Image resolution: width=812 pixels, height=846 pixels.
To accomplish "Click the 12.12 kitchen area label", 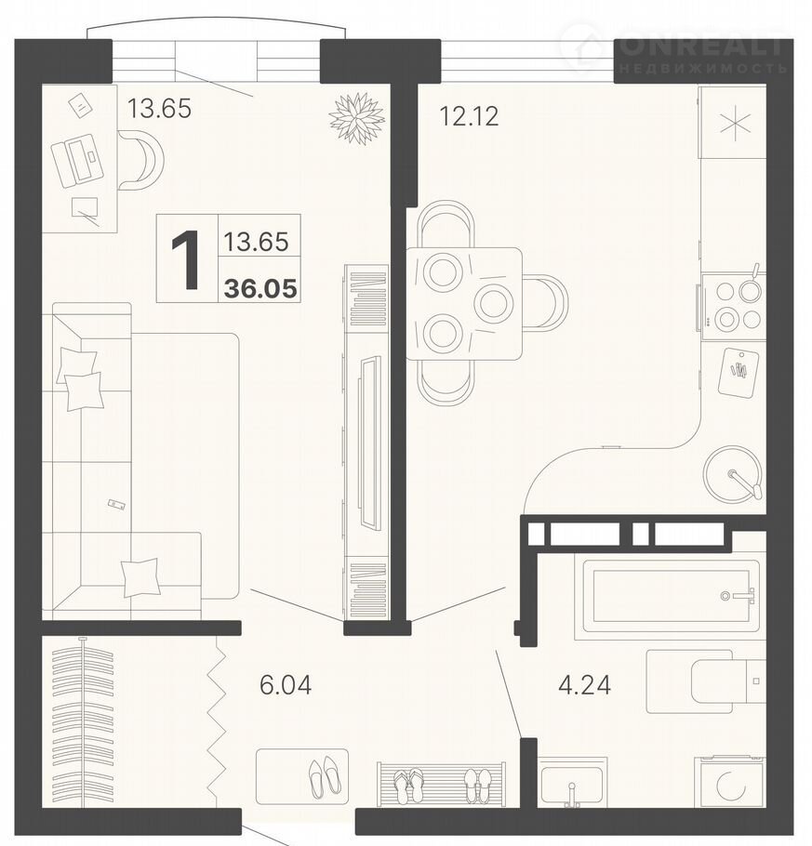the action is pyautogui.click(x=469, y=116).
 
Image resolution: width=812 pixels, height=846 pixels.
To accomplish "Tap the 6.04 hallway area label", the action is pyautogui.click(x=285, y=685).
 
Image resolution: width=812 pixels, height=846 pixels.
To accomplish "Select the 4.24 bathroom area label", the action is pyautogui.click(x=585, y=685).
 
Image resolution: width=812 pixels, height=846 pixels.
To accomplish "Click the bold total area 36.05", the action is pyautogui.click(x=260, y=288).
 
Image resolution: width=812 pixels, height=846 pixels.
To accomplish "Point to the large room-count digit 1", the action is pyautogui.click(x=186, y=259).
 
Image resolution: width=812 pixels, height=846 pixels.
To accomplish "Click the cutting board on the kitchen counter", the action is pyautogui.click(x=738, y=371).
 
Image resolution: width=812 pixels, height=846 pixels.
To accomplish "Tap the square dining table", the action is pyautogui.click(x=464, y=304).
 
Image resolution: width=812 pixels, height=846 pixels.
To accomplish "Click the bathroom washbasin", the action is pyautogui.click(x=572, y=783).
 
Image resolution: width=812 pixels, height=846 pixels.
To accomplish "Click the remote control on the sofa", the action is pyautogui.click(x=116, y=504).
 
